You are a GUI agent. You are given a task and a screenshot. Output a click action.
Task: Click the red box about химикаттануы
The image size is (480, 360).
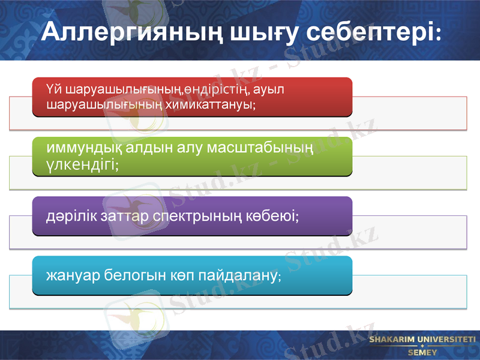(192, 97)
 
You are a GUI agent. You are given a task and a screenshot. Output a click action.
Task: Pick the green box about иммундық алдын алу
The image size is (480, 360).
(192, 156)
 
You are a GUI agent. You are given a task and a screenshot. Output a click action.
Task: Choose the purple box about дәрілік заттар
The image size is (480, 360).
(192, 215)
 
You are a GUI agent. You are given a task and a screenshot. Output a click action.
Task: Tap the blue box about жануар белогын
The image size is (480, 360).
(192, 275)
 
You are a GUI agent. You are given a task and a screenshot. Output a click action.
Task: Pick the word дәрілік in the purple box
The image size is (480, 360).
(67, 215)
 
